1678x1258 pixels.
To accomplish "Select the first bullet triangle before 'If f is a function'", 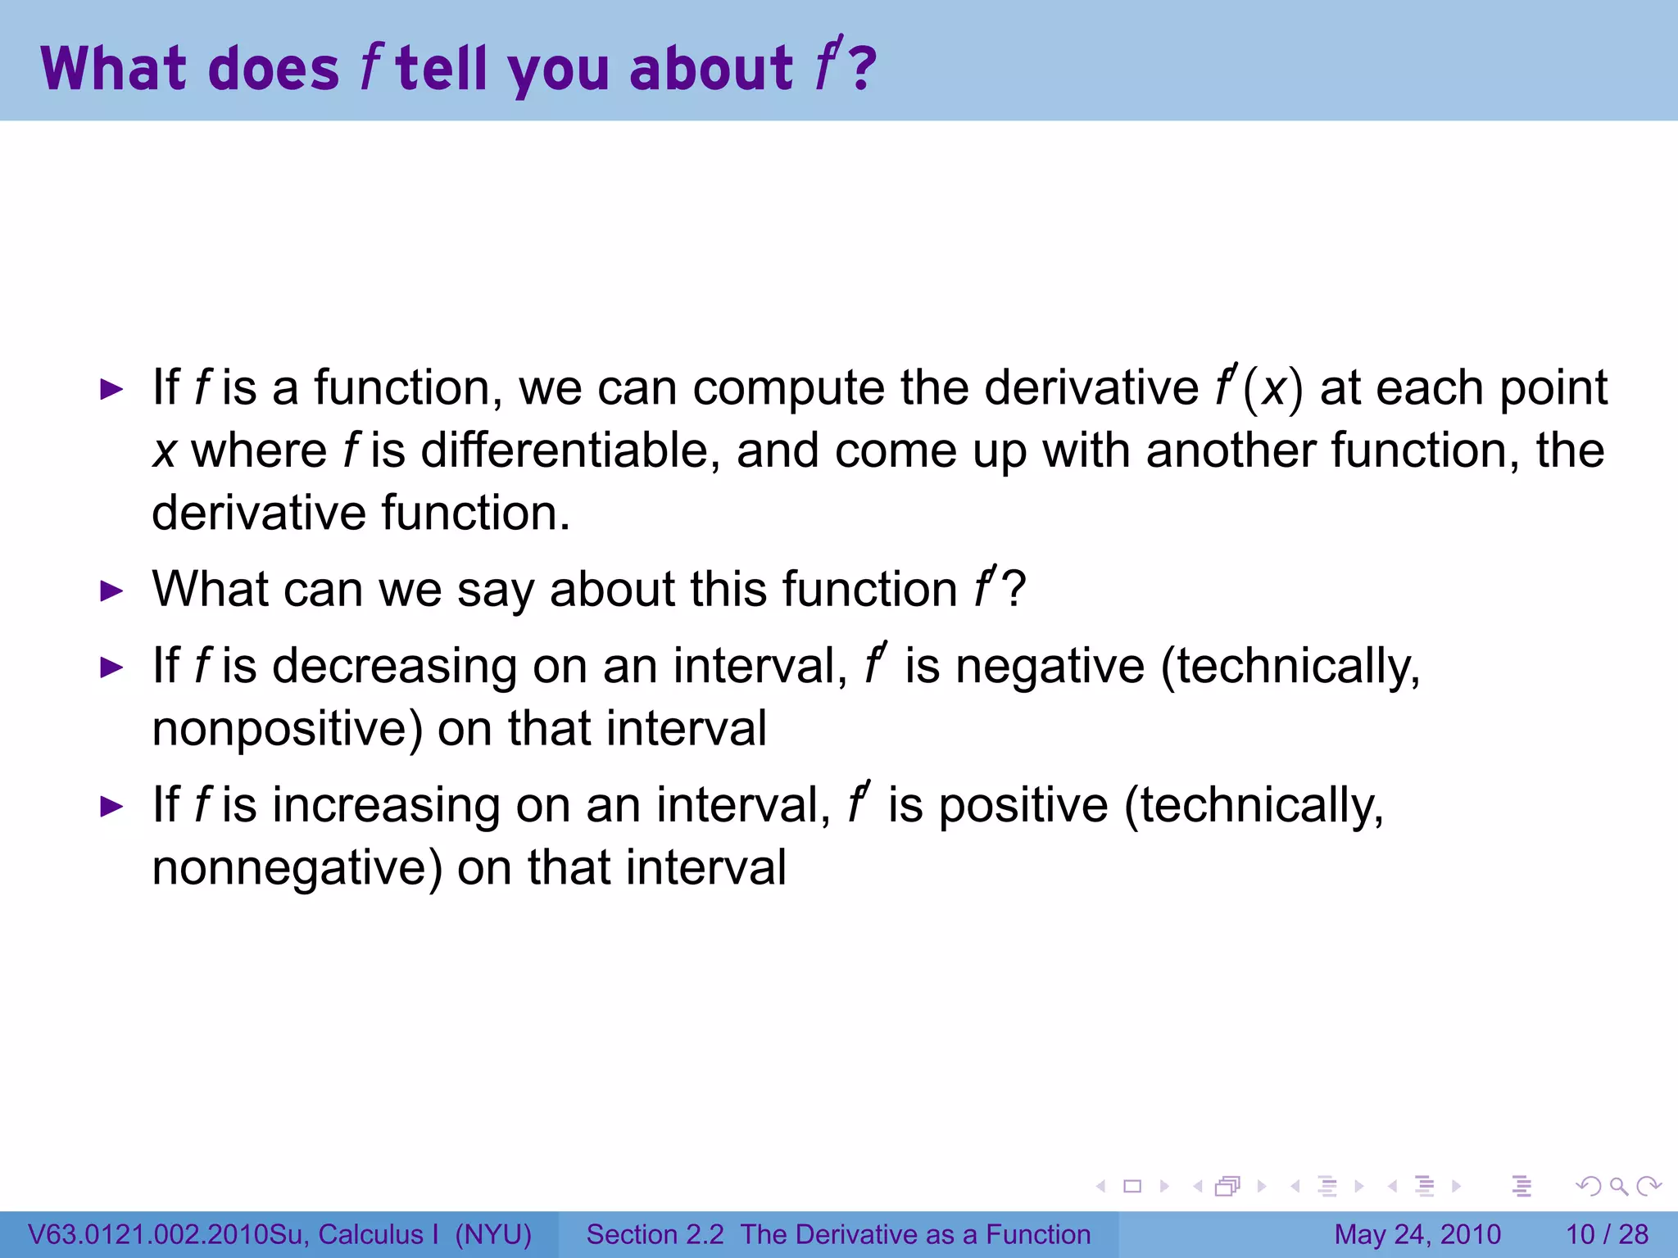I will (111, 390).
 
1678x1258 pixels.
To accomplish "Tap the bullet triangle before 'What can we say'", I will (111, 591).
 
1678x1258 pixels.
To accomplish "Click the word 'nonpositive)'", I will (288, 729).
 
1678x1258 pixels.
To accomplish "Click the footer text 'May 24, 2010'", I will (1417, 1234).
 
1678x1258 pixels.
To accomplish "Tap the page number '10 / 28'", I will (1607, 1234).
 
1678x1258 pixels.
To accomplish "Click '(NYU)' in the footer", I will (493, 1234).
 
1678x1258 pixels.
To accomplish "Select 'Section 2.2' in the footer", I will (655, 1234).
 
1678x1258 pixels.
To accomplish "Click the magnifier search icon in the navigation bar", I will (1618, 1187).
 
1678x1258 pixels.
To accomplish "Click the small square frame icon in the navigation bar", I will (1132, 1187).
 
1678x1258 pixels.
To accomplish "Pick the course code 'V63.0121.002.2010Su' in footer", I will (168, 1234).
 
